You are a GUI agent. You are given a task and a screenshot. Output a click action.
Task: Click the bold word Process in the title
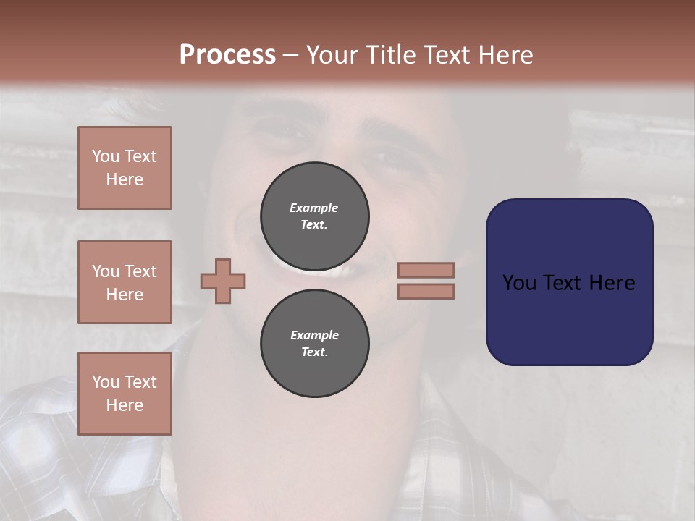(227, 55)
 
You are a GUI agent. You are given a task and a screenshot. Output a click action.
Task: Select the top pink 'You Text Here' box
(125, 168)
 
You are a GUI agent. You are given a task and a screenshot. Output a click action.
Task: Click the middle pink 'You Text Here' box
(125, 282)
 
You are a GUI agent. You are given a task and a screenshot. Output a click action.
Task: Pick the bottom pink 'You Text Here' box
(125, 394)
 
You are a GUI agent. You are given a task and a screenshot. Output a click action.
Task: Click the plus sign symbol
(223, 281)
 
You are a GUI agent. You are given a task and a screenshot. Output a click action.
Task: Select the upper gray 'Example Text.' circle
(314, 216)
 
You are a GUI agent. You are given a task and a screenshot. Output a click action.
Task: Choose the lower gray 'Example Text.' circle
(314, 343)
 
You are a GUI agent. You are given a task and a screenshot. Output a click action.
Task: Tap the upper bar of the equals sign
(426, 270)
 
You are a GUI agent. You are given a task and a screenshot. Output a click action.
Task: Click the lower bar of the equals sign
(426, 291)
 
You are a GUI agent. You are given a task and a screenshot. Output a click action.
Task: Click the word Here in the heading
(505, 55)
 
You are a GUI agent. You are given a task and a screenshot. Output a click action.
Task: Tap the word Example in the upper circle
(314, 208)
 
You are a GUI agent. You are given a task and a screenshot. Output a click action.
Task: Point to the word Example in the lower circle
(314, 335)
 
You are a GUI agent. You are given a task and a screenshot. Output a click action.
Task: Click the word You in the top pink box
(105, 156)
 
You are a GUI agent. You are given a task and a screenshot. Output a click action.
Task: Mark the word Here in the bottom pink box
(125, 405)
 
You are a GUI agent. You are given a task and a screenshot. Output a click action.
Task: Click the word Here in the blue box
(612, 283)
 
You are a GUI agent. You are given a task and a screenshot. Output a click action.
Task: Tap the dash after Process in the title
(290, 55)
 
